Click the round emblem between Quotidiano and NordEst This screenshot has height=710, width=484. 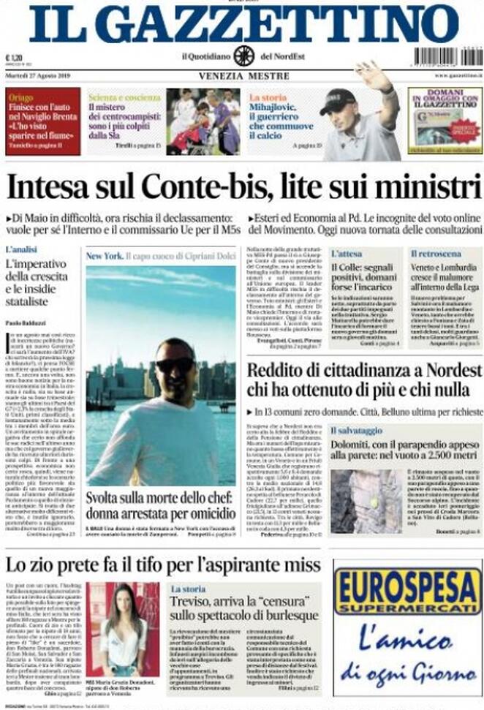click(243, 56)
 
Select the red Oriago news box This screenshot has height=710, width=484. click(42, 121)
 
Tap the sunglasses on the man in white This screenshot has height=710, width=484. click(175, 364)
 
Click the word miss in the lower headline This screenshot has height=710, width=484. click(300, 564)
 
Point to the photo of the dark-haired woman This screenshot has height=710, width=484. click(123, 628)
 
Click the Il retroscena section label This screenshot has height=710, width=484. click(436, 254)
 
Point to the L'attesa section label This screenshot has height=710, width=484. click(346, 254)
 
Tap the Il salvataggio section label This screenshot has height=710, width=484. click(356, 431)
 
